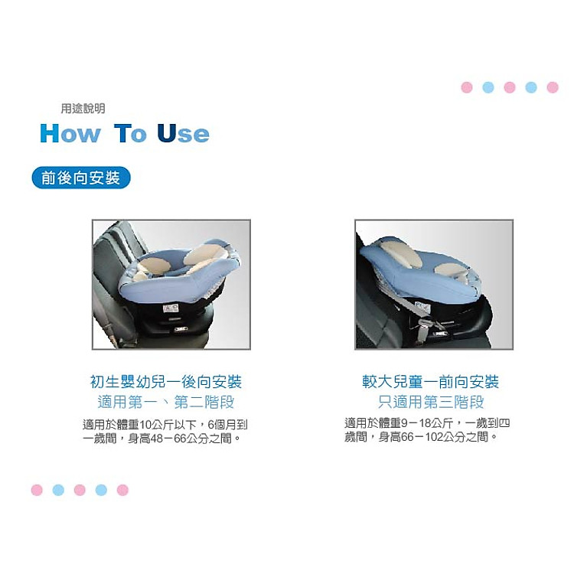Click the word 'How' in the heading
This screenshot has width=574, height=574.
click(70, 134)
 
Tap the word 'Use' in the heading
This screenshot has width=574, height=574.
click(183, 134)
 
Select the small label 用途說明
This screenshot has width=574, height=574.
click(83, 109)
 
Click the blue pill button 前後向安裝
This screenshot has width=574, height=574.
click(81, 178)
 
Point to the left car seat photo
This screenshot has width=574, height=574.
click(171, 285)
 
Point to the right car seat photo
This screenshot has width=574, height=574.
click(434, 285)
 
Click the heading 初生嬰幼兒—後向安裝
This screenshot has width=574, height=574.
click(166, 382)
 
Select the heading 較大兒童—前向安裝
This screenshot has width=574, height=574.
click(431, 381)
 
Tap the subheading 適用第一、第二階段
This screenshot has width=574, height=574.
click(166, 403)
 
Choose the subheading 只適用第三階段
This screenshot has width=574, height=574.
click(431, 403)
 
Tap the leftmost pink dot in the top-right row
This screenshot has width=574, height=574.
click(467, 87)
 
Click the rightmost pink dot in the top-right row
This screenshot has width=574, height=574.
click(553, 87)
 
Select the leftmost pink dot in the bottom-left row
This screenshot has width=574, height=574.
click(37, 490)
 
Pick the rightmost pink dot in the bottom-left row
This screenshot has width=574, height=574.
click(122, 490)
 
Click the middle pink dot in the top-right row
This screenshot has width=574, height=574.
click(510, 87)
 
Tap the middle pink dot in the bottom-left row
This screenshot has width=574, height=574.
click(80, 490)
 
